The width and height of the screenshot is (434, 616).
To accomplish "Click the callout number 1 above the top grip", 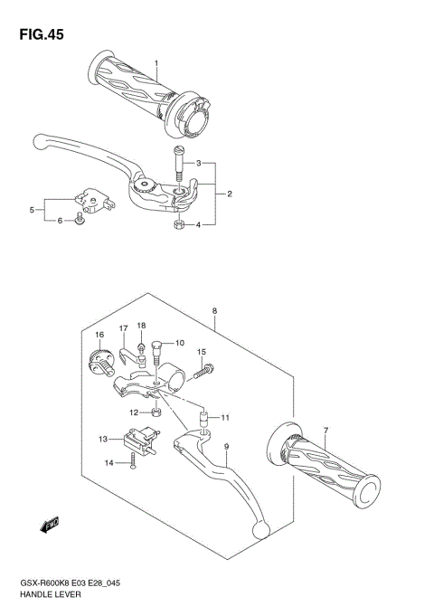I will pyautogui.click(x=156, y=63).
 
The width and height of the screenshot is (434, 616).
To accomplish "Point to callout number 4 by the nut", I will pyautogui.click(x=32, y=210).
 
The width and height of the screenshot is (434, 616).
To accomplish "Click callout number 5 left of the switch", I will pyautogui.click(x=61, y=220).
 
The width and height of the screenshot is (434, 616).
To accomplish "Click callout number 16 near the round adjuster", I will pyautogui.click(x=100, y=336).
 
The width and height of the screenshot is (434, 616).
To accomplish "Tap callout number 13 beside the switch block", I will pyautogui.click(x=104, y=440).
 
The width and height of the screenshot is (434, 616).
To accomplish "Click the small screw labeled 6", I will pyautogui.click(x=80, y=219).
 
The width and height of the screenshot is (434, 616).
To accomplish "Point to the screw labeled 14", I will pyautogui.click(x=132, y=463).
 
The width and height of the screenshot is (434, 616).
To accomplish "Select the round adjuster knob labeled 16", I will pyautogui.click(x=99, y=361).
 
